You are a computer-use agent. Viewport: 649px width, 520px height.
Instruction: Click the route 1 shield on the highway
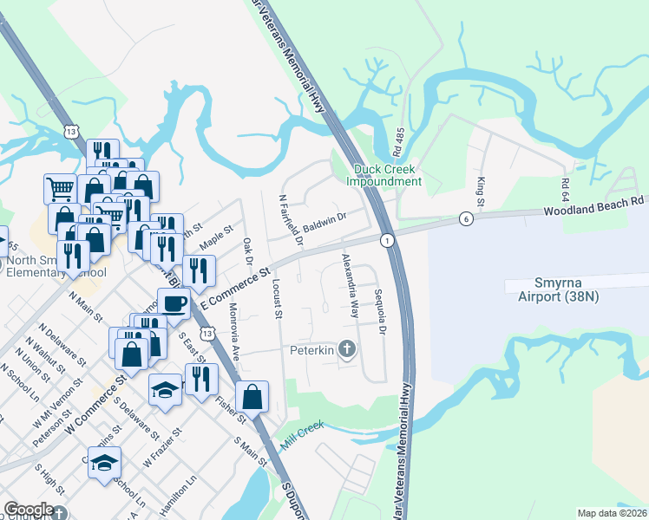pyautogui.click(x=387, y=239)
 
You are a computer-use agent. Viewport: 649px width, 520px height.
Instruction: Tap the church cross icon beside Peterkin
pyautogui.click(x=347, y=350)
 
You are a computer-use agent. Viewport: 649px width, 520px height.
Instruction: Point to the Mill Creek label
pyautogui.click(x=301, y=433)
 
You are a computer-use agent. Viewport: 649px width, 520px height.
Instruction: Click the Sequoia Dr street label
pyautogui.click(x=380, y=311)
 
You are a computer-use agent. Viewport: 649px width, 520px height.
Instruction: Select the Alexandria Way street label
pyautogui.click(x=350, y=285)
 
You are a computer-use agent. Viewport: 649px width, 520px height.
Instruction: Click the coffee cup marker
pyautogui.click(x=174, y=302)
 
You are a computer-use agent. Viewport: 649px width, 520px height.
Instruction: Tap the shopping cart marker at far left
pyautogui.click(x=60, y=188)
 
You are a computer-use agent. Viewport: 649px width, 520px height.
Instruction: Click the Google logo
pyautogui.click(x=29, y=510)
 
